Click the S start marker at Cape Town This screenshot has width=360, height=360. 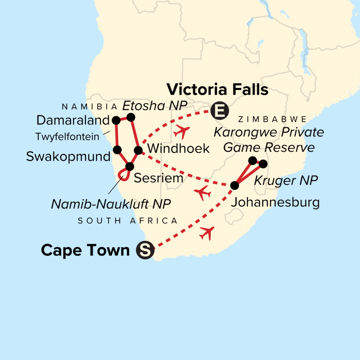(145, 251)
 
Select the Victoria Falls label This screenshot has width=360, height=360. (217, 90)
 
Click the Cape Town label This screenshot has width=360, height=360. (85, 251)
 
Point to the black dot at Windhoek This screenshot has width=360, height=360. (139, 150)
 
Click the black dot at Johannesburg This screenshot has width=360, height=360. (235, 185)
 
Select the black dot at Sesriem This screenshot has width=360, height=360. (130, 166)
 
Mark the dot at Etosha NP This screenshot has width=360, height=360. (131, 117)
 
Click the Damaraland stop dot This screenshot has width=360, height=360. (116, 120)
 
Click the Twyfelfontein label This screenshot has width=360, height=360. (67, 137)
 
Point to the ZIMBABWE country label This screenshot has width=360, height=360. (272, 119)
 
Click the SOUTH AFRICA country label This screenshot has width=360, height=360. (128, 221)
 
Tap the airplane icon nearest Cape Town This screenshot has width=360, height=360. (207, 233)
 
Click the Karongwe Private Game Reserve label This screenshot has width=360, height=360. (269, 140)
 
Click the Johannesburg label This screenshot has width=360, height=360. (275, 202)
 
